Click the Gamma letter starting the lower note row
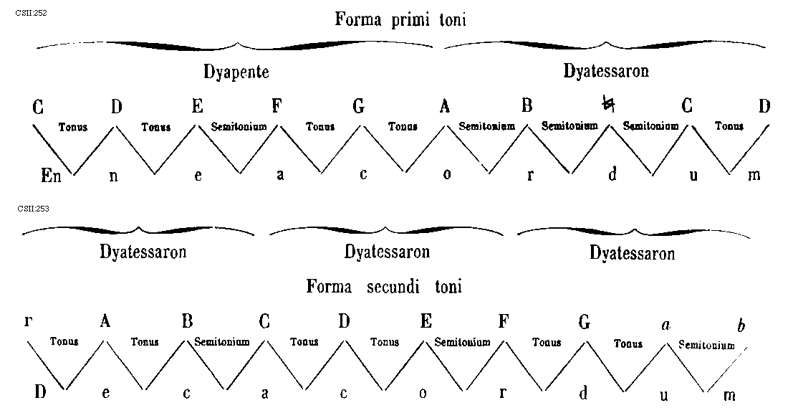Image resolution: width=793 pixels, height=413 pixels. click(28, 322)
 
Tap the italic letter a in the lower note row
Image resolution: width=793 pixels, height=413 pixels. click(665, 325)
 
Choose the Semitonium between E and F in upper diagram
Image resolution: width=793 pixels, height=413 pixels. click(238, 127)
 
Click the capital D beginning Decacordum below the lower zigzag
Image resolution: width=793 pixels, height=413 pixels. click(39, 391)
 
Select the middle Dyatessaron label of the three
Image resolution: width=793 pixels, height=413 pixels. click(387, 252)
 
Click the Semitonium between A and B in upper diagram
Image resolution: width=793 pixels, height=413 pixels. click(487, 127)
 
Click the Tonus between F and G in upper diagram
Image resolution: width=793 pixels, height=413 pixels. click(319, 127)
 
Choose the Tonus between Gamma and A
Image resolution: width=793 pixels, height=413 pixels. click(64, 342)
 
